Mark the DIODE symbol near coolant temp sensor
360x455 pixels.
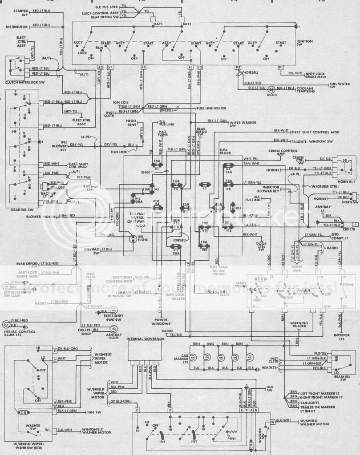pos(271,89)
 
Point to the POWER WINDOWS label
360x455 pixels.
pos(161,321)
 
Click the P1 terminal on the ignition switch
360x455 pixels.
pos(280,67)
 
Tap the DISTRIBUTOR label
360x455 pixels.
pos(17,26)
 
